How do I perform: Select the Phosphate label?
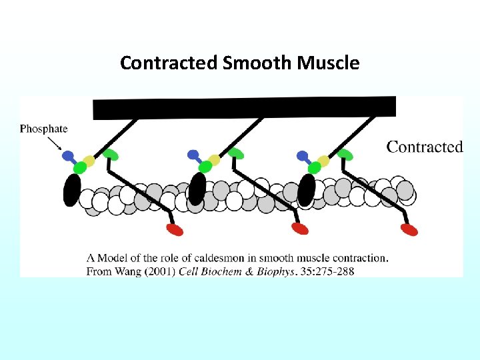click(44, 129)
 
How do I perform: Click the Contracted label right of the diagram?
click(424, 147)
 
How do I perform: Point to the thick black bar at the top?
click(244, 107)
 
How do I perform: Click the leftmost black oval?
click(72, 190)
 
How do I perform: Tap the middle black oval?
click(197, 189)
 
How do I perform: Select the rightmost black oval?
click(306, 189)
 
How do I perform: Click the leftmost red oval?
click(175, 229)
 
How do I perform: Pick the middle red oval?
click(300, 229)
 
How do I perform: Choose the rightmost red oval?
click(409, 229)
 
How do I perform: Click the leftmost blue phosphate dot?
click(68, 156)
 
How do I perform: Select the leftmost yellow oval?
click(89, 161)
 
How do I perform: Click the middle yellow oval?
click(213, 161)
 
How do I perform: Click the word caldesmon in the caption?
click(229, 258)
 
